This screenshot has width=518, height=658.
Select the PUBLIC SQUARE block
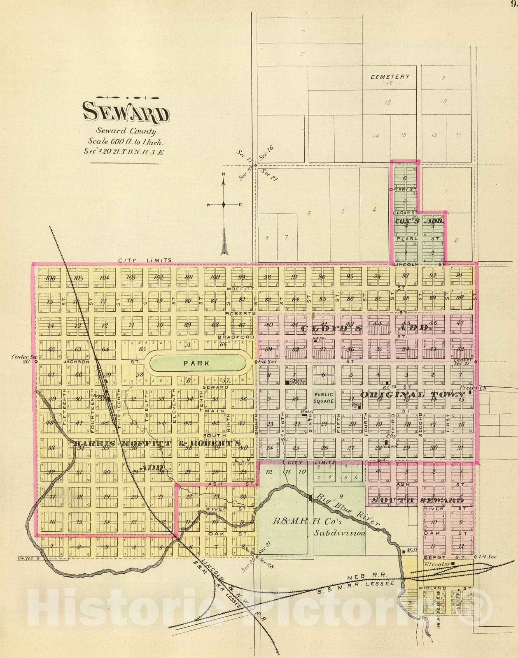324,398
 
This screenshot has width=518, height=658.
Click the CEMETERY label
390,76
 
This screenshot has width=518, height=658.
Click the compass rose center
224,204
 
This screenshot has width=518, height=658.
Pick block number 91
460,276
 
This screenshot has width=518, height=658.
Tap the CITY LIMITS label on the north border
145,260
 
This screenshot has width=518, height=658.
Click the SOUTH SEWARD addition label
418,500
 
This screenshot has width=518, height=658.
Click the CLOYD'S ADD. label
366,329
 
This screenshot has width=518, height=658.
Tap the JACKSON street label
77,362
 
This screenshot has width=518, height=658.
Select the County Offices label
298,382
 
